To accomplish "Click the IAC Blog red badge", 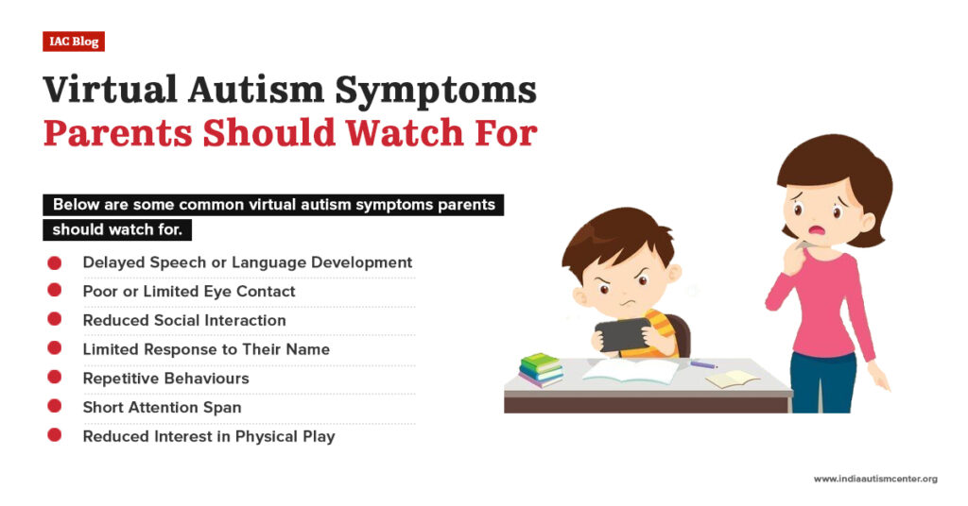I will tap(73, 42).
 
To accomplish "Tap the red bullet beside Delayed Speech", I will tap(55, 262).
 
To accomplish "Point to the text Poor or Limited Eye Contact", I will tap(189, 292).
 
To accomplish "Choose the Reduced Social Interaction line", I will tap(184, 320).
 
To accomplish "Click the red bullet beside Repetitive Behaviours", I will tap(55, 378).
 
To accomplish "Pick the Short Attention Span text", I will tap(162, 407).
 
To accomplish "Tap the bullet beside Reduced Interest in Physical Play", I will tap(55, 435).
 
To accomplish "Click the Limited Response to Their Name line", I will tap(206, 349).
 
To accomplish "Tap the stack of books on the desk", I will tap(542, 369).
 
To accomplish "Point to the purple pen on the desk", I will tap(703, 364).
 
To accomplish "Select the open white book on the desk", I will tap(631, 371).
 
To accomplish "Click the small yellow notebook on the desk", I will tap(733, 378).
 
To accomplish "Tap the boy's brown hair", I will tap(614, 238).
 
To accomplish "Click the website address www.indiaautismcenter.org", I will tap(875, 480).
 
